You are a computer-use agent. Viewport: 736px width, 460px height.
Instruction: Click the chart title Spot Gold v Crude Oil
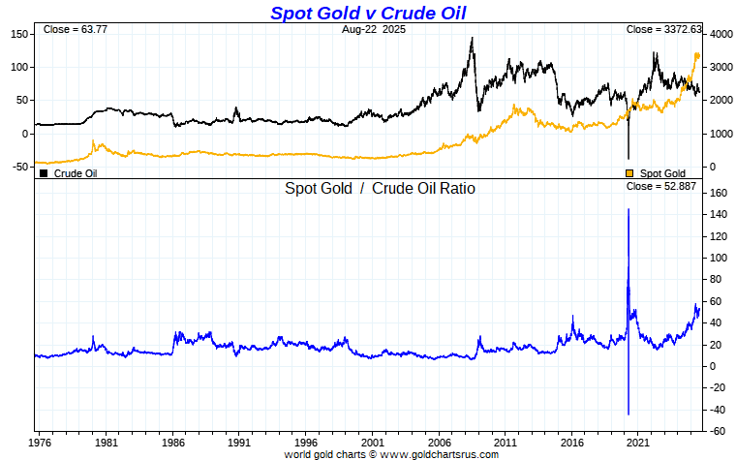[x=368, y=13]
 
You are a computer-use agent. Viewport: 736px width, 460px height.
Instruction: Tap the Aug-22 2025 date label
[x=367, y=30]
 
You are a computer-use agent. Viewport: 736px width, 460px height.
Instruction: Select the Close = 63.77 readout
[x=75, y=30]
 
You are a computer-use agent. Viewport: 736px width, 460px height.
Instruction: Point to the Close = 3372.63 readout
[x=661, y=30]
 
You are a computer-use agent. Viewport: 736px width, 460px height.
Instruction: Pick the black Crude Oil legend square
[x=44, y=173]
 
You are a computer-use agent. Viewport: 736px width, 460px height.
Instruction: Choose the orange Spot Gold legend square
[x=629, y=173]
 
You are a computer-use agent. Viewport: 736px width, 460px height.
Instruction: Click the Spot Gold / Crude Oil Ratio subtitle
[x=380, y=188]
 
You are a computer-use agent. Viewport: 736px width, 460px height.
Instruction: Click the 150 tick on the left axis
[x=19, y=34]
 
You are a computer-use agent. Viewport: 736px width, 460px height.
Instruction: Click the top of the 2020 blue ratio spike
[x=629, y=209]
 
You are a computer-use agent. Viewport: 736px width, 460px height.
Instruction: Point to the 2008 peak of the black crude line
[x=472, y=39]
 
